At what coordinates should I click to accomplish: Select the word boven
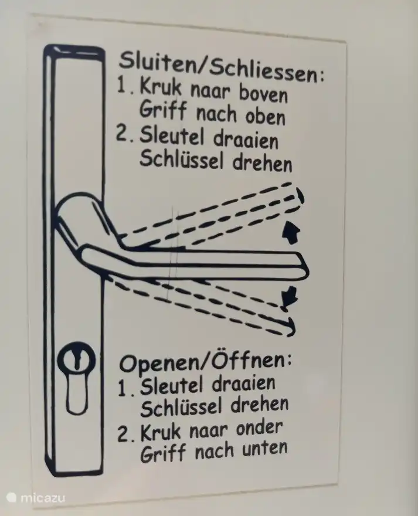coord(263,93)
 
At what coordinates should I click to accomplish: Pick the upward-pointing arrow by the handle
coord(291,232)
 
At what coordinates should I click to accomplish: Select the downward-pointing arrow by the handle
coord(289,298)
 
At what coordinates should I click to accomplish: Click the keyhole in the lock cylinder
coord(77,359)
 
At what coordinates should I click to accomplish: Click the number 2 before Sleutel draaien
coord(121,135)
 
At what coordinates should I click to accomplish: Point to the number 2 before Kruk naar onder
coord(123,434)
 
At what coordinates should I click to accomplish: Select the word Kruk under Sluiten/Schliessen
coord(160,87)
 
